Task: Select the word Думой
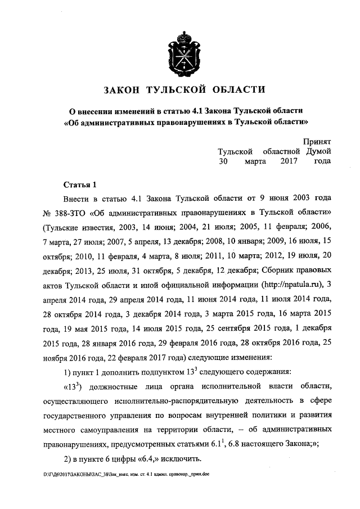point(318,151)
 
